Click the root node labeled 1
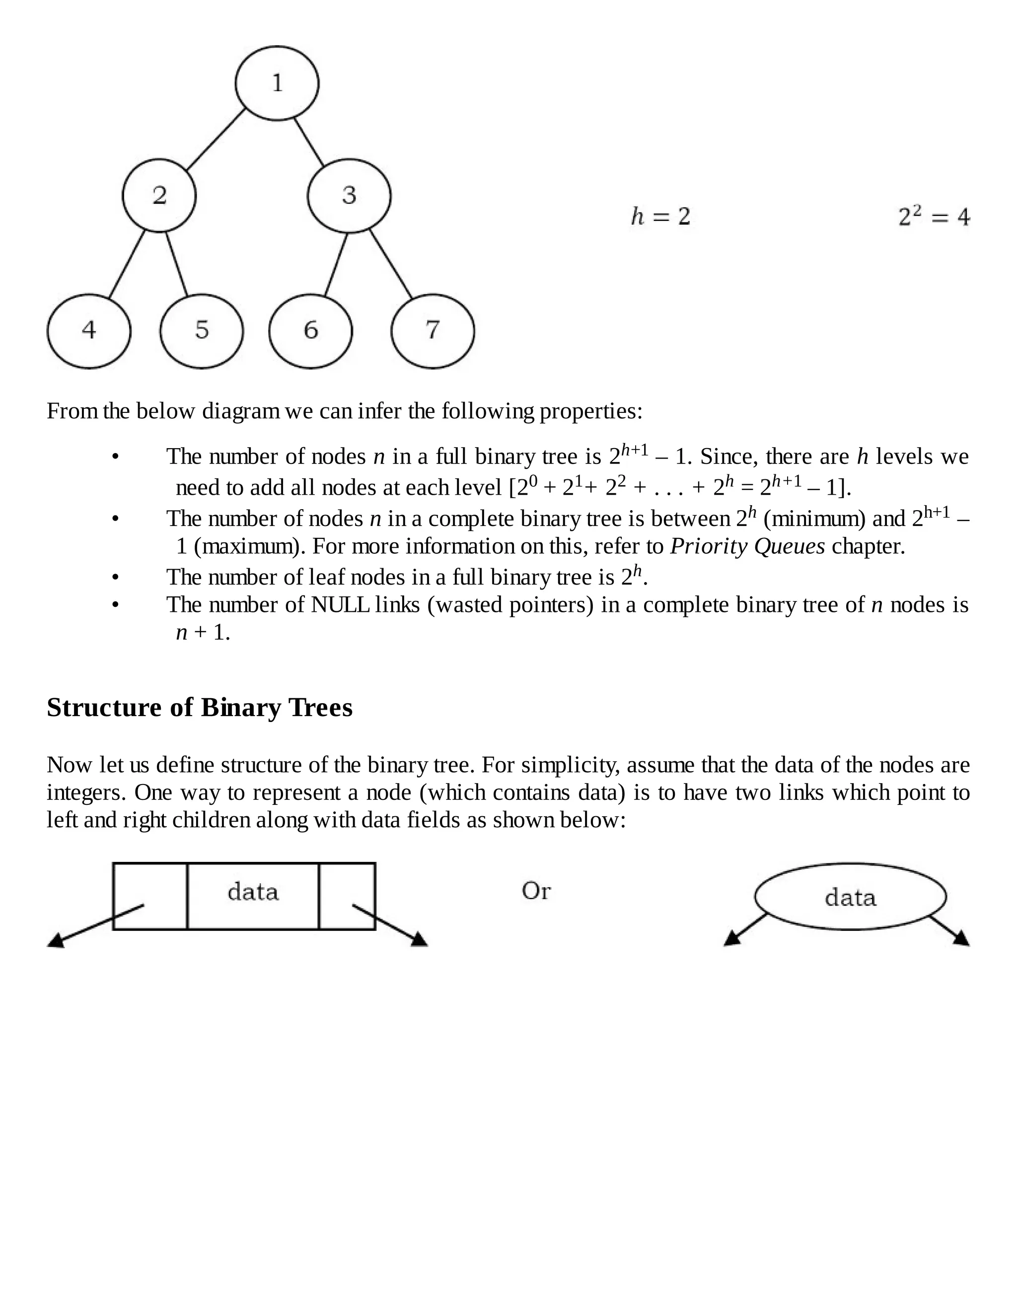277,83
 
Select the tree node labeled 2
159,196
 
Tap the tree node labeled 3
349,196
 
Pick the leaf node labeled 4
88,330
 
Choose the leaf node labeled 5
202,330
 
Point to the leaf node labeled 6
310,330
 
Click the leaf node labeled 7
433,330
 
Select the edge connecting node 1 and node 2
216,140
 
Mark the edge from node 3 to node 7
391,263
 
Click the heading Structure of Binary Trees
200,708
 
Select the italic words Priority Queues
747,547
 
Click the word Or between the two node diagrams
536,891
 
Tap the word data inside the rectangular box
253,892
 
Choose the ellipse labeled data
850,897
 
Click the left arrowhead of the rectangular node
56,940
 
